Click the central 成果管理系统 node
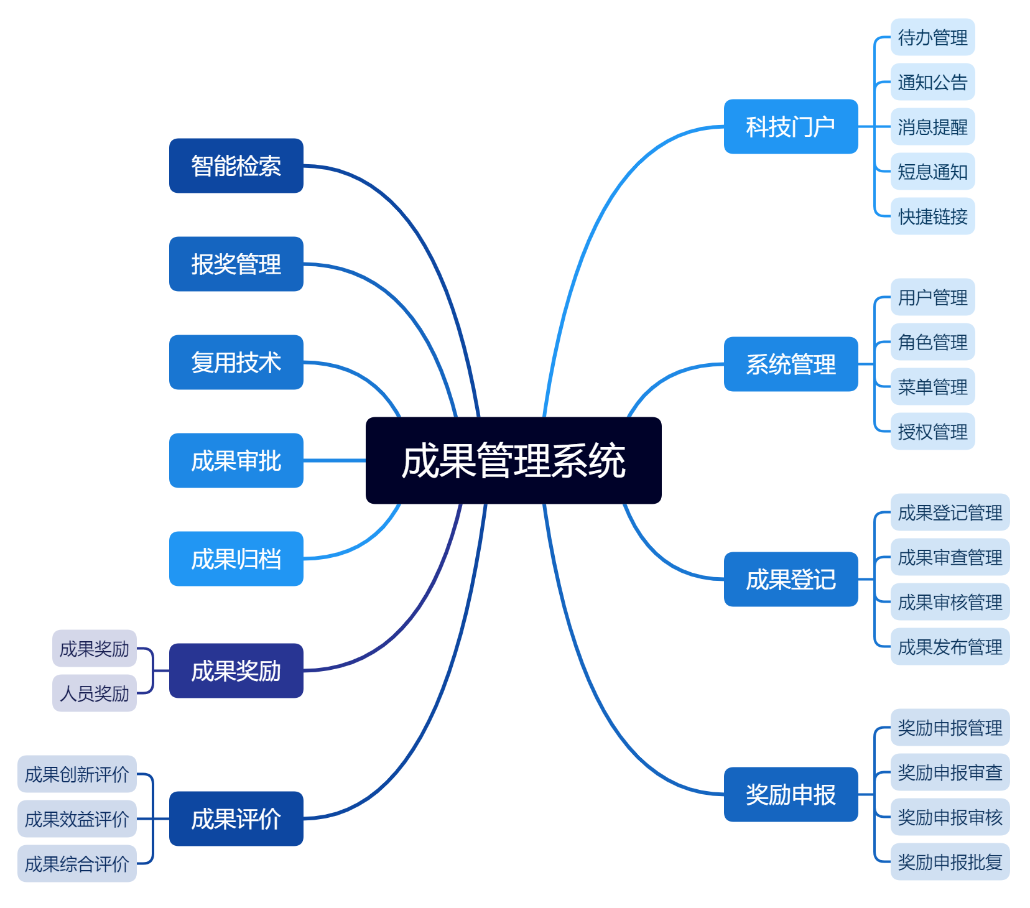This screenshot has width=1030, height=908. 513,460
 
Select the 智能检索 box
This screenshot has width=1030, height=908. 236,165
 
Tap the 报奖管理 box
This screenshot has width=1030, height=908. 236,264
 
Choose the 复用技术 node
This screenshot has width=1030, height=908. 236,362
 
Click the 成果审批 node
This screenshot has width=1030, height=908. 236,460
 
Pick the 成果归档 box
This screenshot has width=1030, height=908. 236,558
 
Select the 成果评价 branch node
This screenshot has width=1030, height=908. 236,818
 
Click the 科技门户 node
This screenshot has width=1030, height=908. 791,126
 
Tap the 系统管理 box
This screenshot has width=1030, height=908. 791,364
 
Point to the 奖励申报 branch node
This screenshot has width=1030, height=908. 791,794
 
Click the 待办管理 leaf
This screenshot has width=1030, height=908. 932,37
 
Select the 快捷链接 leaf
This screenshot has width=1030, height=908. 932,216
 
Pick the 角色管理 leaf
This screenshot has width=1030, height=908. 932,342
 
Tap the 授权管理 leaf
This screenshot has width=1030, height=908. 932,432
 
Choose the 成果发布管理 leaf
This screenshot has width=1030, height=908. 950,647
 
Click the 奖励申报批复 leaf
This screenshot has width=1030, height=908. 950,862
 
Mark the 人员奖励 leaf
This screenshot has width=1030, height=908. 95,693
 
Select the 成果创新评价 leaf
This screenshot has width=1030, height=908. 77,774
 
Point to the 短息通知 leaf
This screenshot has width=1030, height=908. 932,172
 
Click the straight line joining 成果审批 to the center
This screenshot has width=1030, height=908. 335,460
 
